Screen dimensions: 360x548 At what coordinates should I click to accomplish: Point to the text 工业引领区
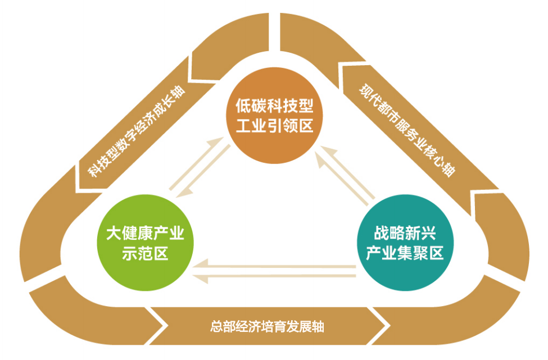274,126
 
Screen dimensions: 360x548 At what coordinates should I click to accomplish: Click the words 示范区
145,254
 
